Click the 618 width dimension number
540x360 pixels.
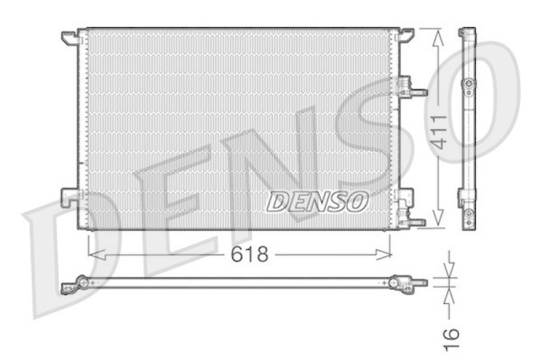pyautogui.click(x=249, y=255)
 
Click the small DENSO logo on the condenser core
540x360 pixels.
pyautogui.click(x=317, y=200)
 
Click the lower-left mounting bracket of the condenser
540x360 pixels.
pyautogui.click(x=70, y=196)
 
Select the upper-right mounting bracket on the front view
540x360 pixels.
pyautogui.click(x=406, y=34)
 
